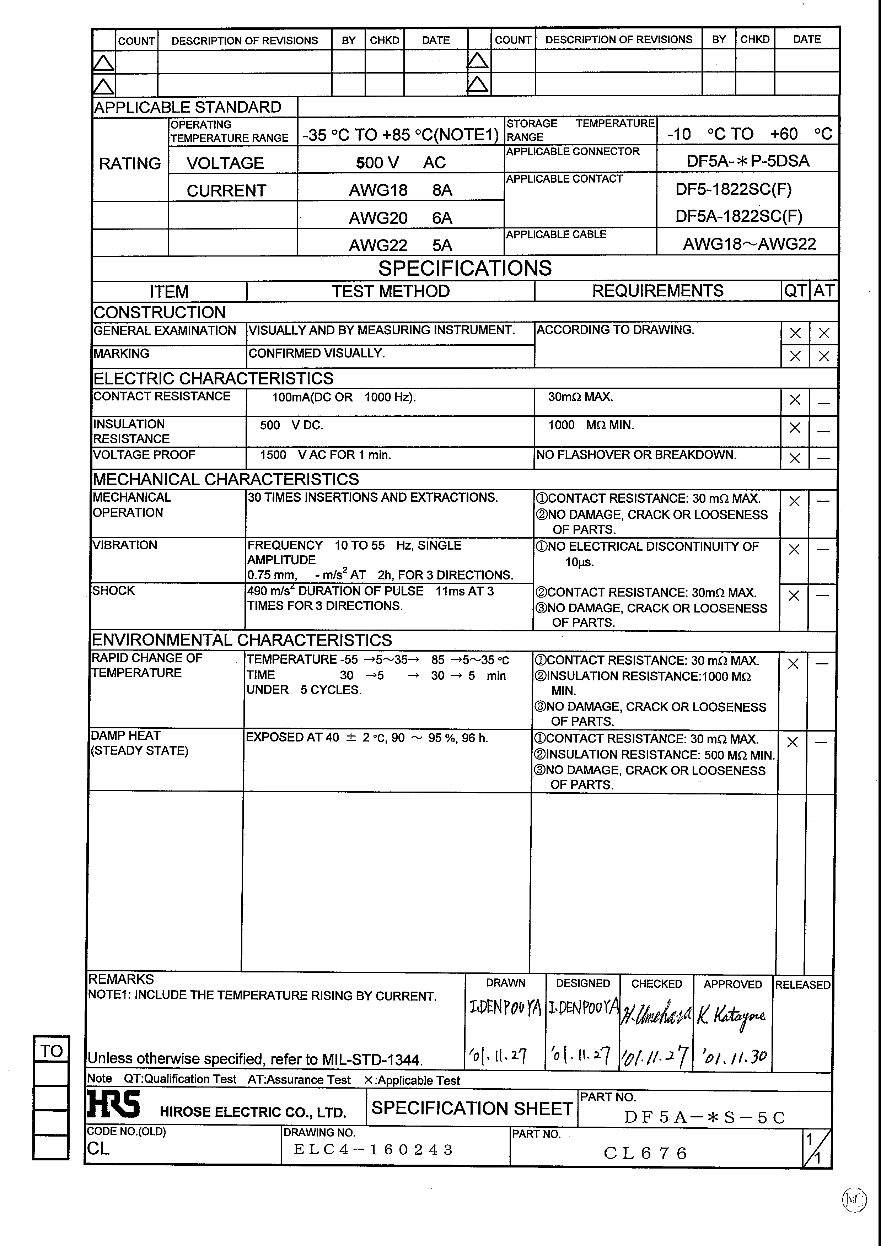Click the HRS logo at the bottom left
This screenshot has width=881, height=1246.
[x=113, y=1104]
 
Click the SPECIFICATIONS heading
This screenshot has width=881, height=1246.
[x=464, y=268]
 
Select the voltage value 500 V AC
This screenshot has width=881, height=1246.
[x=401, y=162]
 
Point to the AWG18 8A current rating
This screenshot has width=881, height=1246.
[x=400, y=190]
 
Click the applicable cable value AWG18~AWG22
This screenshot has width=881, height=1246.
[x=749, y=244]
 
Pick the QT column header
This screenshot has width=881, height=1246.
[x=795, y=291]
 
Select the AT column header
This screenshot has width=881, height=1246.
[x=823, y=291]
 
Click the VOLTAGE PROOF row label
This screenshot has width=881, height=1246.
[x=144, y=455]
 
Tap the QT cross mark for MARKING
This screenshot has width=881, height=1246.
[x=795, y=357]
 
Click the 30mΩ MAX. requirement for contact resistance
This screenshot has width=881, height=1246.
[x=580, y=397]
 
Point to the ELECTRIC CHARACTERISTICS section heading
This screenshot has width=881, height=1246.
[x=213, y=378]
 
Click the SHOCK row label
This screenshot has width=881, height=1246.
[x=113, y=590]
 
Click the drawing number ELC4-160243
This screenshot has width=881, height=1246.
[x=373, y=1149]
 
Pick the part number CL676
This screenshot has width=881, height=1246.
[x=645, y=1153]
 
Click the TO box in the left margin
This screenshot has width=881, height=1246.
[x=52, y=1051]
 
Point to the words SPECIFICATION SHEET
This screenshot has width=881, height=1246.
[x=472, y=1108]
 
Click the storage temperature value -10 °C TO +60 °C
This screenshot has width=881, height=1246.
[x=749, y=134]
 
